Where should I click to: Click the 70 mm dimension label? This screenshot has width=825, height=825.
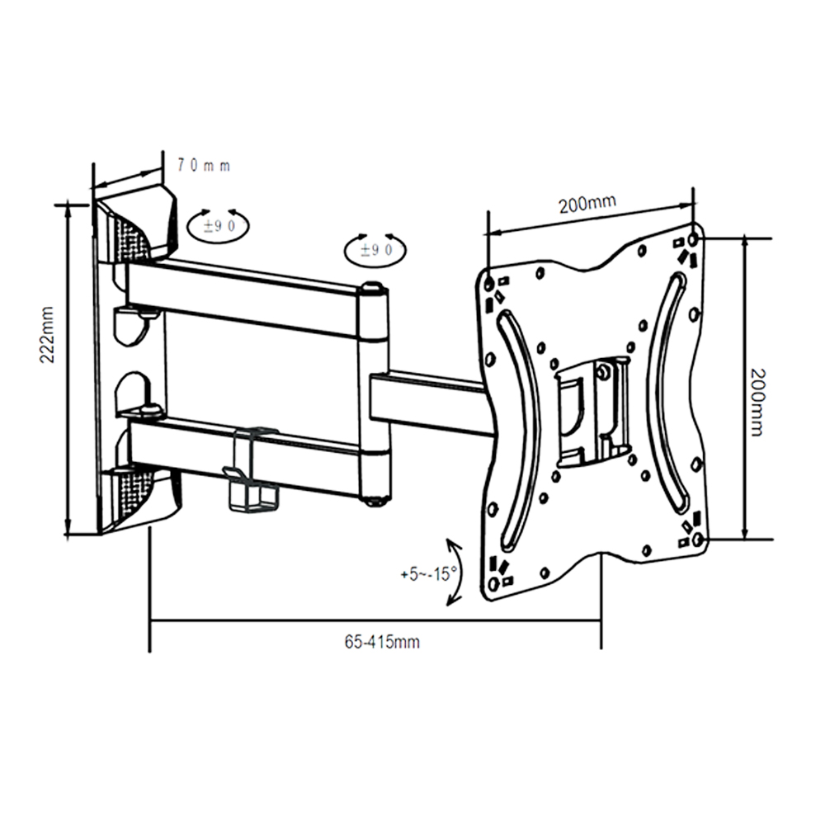[202, 165]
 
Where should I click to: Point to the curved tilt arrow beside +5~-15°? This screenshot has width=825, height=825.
[453, 572]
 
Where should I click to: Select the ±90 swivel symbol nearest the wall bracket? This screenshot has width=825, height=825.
[219, 224]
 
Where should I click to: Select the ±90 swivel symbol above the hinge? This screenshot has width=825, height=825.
[375, 249]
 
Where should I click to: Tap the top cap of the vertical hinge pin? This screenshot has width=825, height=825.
[374, 289]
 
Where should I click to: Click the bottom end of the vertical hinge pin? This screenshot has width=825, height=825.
[375, 499]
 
